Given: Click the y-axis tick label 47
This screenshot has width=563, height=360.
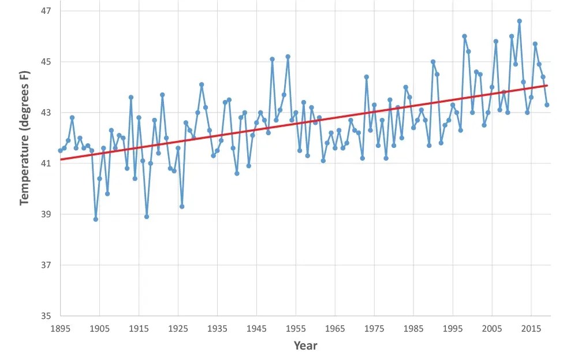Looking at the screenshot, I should [45, 11].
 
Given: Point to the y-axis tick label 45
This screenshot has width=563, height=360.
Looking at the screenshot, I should [45, 62].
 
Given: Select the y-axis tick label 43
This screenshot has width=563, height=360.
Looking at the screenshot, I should [45, 113].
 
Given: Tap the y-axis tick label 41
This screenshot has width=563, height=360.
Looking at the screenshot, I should [45, 164].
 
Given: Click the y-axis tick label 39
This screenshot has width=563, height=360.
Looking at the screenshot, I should [45, 214].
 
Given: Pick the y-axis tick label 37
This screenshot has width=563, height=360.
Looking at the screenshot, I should [45, 265].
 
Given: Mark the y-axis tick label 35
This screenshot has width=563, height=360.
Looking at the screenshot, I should [45, 316].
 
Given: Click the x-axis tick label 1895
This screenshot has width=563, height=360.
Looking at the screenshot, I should [60, 328].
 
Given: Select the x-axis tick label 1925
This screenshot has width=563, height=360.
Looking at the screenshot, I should [178, 328].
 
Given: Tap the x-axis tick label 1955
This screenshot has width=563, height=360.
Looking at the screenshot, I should [296, 328].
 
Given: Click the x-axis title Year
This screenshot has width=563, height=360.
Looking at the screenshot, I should [305, 346].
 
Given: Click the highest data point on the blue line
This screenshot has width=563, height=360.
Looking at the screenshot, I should [519, 21].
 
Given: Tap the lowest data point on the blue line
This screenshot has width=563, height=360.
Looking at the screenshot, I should [95, 219].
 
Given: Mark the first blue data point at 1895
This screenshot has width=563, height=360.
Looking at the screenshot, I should [60, 150].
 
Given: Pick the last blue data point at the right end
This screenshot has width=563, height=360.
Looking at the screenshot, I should [547, 105].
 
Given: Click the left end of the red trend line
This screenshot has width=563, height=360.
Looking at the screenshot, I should [60, 159].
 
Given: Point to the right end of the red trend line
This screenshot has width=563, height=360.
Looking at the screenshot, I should [547, 86].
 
